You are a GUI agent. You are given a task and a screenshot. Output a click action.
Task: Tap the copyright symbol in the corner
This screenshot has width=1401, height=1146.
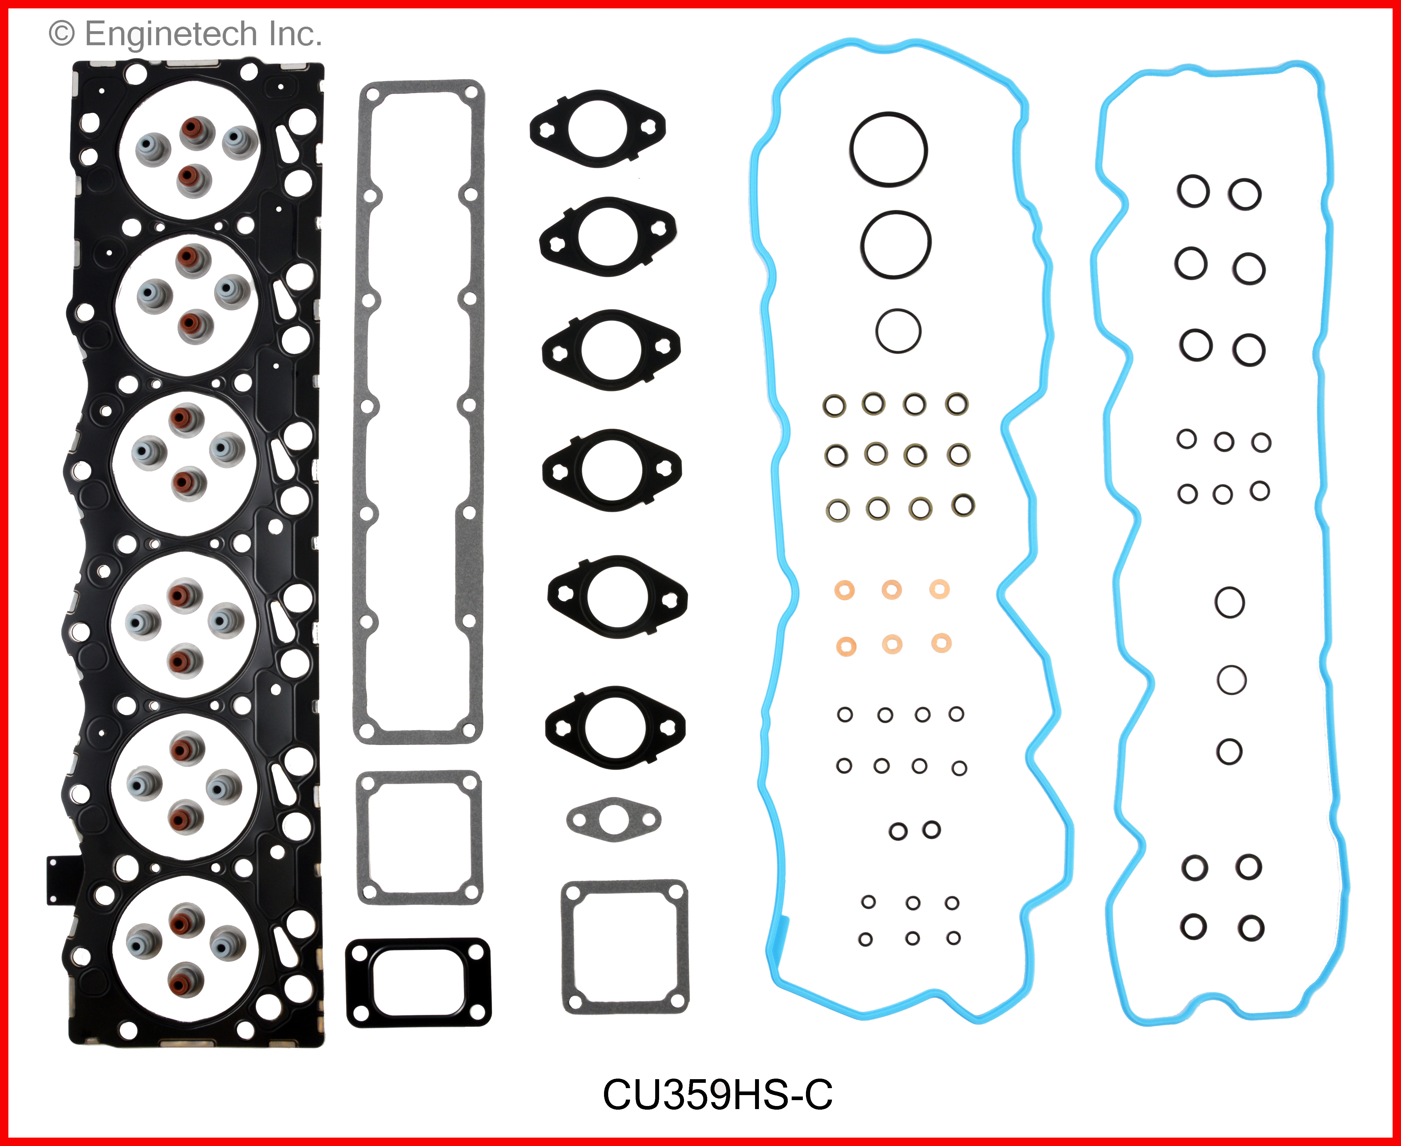(x=62, y=34)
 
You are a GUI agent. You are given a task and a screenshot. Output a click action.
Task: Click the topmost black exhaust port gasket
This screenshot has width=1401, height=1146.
(x=598, y=128)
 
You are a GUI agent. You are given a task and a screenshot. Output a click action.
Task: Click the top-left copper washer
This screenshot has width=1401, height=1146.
(x=845, y=589)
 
